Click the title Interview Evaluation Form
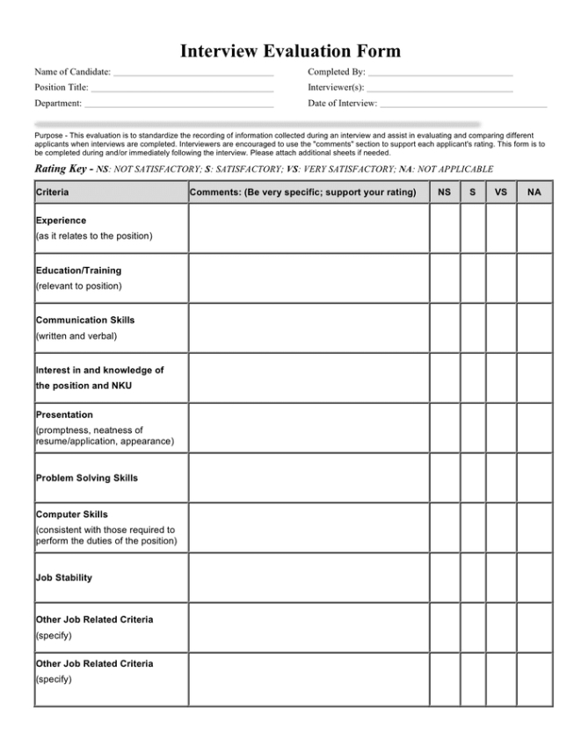pos(290,51)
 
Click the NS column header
pos(445,191)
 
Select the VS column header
pos(501,191)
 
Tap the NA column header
pos(534,191)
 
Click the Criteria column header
pos(53,191)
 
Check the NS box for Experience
pos(445,228)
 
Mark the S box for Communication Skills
pos(473,328)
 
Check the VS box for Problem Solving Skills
pos(501,478)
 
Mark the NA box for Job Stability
pos(534,577)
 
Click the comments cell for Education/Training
pos(309,278)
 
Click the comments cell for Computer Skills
pos(309,527)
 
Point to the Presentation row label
pos(64,415)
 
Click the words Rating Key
pos(60,168)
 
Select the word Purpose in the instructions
pos(49,136)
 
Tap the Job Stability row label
pos(64,578)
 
